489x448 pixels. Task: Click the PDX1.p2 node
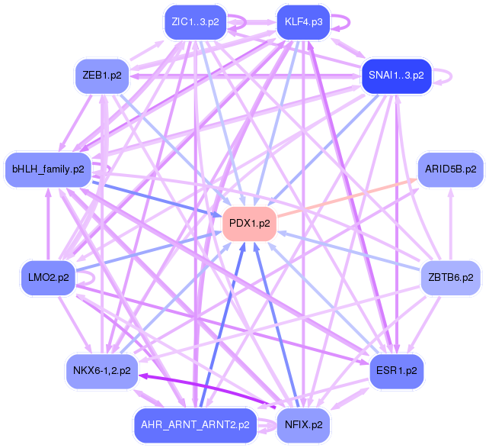tap(249, 224)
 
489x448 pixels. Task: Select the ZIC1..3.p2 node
tap(195, 21)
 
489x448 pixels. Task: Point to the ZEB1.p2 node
tap(102, 75)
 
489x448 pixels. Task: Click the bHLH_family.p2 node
tap(49, 169)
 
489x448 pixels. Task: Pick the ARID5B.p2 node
tap(450, 169)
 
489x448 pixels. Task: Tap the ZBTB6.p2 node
tap(450, 277)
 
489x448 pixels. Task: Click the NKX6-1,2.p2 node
tap(102, 372)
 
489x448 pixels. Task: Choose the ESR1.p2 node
tap(396, 372)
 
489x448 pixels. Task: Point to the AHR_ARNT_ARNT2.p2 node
tap(195, 424)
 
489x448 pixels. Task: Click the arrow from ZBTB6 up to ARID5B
tap(450, 221)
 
